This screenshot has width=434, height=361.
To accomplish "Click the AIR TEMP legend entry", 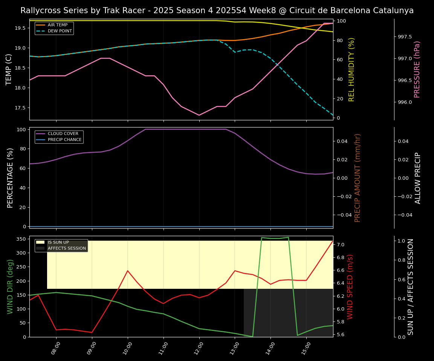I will point(57,25).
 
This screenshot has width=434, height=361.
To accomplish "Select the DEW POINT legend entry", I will point(60,31).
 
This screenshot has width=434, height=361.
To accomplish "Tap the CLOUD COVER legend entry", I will point(63,134).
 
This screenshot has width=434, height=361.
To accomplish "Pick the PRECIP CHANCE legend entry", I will point(64,140).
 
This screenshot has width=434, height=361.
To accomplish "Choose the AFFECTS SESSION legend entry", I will point(67,249).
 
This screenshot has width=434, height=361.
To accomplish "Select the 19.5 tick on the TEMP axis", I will point(19,28).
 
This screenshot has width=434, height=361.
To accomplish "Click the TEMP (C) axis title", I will point(9,70).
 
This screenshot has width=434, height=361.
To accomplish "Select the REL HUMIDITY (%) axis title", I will point(352,70).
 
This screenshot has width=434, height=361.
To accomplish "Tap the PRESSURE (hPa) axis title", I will point(417,70).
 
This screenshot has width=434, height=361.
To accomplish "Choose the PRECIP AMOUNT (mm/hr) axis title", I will point(358,178).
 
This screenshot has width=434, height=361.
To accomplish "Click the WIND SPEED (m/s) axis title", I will point(350,287).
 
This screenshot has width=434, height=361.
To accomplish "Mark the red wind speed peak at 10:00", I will point(128,271).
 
